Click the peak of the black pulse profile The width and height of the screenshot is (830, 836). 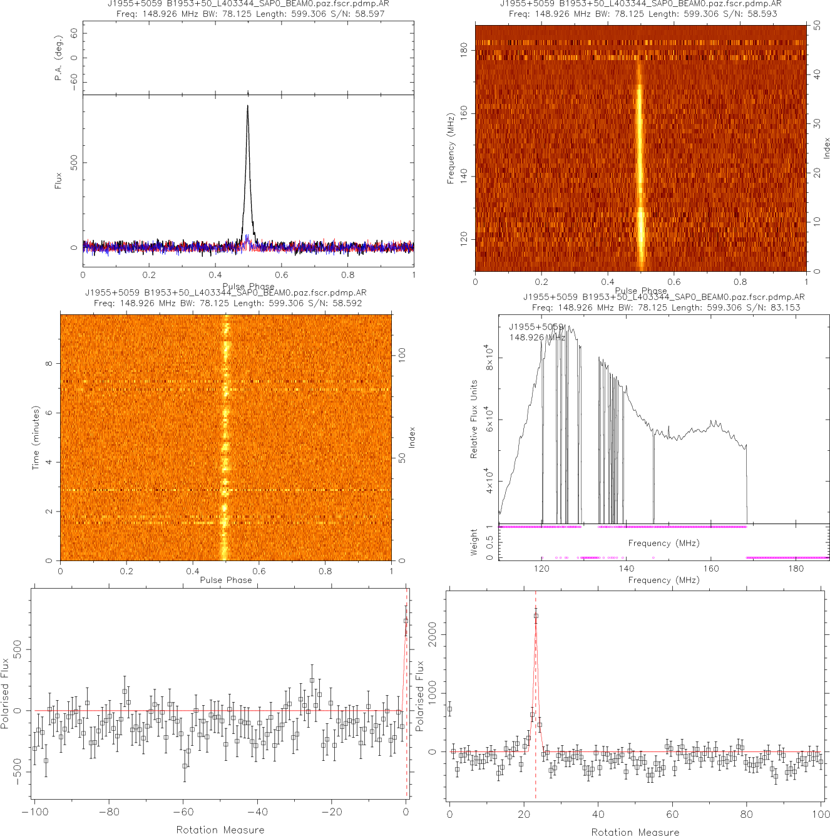(247, 106)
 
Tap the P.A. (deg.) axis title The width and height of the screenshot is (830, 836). (58, 58)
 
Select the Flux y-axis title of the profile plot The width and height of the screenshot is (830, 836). (58, 180)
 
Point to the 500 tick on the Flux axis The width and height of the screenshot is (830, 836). (74, 163)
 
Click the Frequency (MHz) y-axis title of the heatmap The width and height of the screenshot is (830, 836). (450, 148)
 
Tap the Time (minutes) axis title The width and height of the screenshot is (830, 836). (36, 438)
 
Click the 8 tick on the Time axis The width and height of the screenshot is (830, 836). (49, 364)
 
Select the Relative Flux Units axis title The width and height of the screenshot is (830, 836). (474, 419)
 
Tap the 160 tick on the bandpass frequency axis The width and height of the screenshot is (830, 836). (711, 569)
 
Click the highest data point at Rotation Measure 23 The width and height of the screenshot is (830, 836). (536, 616)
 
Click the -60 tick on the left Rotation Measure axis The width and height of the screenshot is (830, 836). (183, 812)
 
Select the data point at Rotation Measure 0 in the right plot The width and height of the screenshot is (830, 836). (449, 709)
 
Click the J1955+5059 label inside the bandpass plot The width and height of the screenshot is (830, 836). (536, 327)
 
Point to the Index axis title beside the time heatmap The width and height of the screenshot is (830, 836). (412, 437)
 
